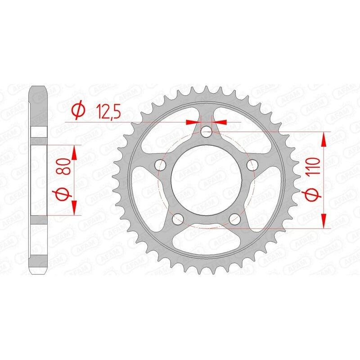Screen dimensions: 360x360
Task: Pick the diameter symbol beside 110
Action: (314, 194)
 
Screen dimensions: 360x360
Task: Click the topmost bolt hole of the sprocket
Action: (207, 132)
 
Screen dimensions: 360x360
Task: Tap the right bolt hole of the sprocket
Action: (255, 166)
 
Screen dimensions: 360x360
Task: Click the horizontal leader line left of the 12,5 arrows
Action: (126, 121)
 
